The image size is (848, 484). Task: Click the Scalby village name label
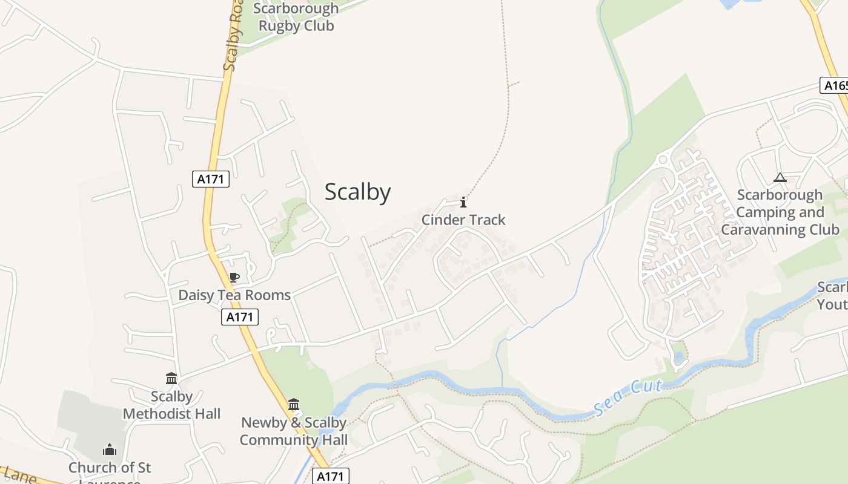pos(357,192)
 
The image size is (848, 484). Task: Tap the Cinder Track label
pos(463,220)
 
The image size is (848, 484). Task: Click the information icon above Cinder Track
pos(463,202)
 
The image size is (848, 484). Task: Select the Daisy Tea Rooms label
pos(234,295)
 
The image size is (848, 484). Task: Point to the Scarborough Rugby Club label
pos(296,17)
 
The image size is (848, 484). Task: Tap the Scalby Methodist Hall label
pos(171,405)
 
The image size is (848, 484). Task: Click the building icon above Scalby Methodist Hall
pos(171,379)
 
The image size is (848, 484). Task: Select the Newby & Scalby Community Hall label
pos(294,431)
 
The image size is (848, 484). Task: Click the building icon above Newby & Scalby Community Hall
pos(294,404)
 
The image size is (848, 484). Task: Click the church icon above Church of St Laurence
pos(110,450)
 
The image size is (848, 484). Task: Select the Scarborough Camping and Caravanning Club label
pos(780,212)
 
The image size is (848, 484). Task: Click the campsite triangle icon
pos(780,178)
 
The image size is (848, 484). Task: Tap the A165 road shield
pos(835,85)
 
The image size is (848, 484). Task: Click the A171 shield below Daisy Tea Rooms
pos(240,317)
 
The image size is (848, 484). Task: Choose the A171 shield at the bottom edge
pos(331,476)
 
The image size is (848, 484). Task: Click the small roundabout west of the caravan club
pos(662,160)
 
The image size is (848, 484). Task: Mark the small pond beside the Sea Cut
pos(679,357)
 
